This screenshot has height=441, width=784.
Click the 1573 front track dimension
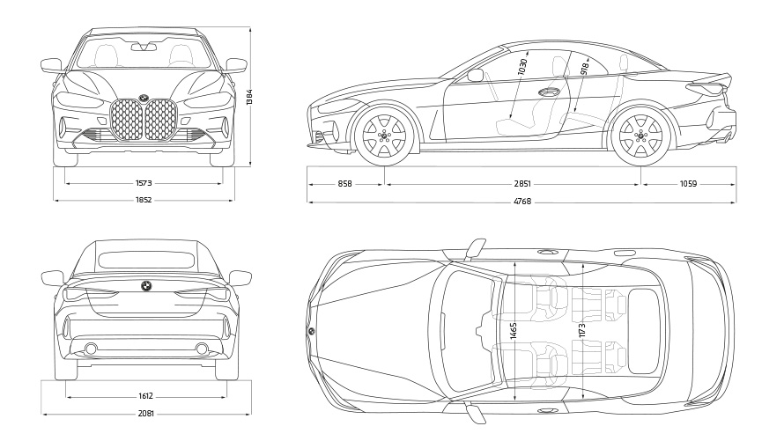click(x=144, y=184)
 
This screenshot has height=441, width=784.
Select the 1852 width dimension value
click(x=144, y=201)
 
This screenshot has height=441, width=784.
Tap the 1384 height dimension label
click(x=250, y=96)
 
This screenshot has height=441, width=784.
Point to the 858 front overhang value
click(x=344, y=184)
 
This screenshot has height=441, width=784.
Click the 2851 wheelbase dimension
click(x=523, y=184)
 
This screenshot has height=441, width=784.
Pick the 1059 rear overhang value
click(x=688, y=184)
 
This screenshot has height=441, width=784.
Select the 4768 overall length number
click(x=523, y=202)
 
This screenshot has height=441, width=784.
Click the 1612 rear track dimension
click(x=146, y=396)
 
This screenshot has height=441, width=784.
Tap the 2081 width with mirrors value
click(x=146, y=414)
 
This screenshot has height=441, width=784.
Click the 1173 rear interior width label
click(x=582, y=334)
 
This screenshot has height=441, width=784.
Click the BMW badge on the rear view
click(x=146, y=286)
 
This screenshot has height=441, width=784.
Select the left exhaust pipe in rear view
click(x=90, y=349)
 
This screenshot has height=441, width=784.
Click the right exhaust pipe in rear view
click(x=202, y=349)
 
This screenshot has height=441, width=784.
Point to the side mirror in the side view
click(x=476, y=76)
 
